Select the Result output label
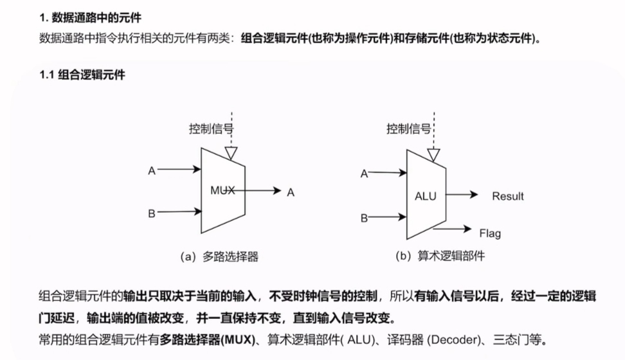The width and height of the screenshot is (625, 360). pyautogui.click(x=508, y=196)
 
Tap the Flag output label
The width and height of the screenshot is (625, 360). pyautogui.click(x=490, y=233)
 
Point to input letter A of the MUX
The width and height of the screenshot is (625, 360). pyautogui.click(x=152, y=171)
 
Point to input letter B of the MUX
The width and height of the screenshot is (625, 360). pyautogui.click(x=152, y=213)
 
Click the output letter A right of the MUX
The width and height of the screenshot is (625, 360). pyautogui.click(x=291, y=192)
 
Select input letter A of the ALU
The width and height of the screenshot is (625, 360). pyautogui.click(x=364, y=174)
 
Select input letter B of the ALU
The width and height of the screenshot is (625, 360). pyautogui.click(x=364, y=218)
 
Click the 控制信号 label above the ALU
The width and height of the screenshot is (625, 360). pyautogui.click(x=408, y=129)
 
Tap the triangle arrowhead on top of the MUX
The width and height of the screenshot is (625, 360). pyautogui.click(x=231, y=153)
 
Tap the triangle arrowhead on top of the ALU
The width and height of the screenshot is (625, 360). pyautogui.click(x=434, y=155)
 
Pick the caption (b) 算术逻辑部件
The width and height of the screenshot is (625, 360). pyautogui.click(x=440, y=256)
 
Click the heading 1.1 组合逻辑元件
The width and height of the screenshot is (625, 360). pyautogui.click(x=82, y=75)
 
